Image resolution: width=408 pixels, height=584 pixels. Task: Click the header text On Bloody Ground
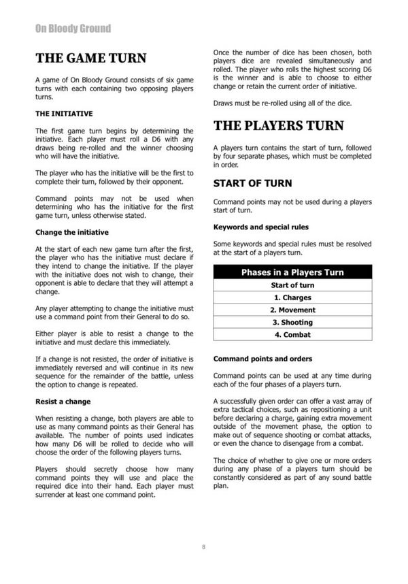[73, 29]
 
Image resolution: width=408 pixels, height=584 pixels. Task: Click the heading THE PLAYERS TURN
[278, 126]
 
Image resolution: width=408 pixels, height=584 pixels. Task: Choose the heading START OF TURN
[252, 183]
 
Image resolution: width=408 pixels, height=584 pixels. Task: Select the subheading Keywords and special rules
[260, 227]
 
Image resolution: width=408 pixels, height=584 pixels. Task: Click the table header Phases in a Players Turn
[292, 272]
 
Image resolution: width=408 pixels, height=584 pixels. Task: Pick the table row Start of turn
[292, 285]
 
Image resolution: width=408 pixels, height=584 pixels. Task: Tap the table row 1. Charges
[292, 297]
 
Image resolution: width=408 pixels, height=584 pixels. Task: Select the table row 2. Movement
[292, 310]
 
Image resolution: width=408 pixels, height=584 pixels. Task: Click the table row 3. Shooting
[292, 322]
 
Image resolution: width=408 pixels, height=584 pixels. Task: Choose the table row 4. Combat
[292, 334]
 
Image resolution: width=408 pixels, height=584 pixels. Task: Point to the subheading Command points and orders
[262, 358]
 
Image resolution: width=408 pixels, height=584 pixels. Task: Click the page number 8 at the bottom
[203, 547]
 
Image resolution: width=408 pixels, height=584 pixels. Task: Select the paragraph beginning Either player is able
[114, 338]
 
